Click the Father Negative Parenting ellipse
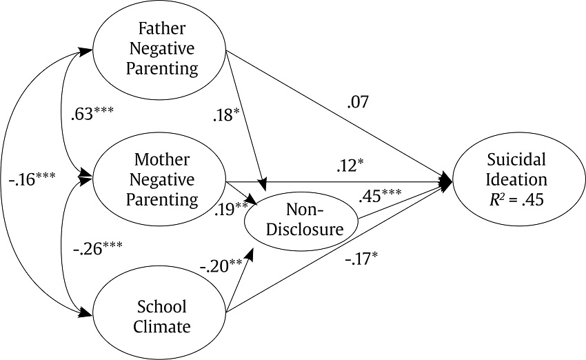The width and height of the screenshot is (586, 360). [159, 49]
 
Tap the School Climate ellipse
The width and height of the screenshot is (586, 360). [159, 316]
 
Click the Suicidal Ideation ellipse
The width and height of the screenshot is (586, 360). [516, 181]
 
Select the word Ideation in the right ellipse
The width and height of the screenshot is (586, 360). [516, 181]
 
